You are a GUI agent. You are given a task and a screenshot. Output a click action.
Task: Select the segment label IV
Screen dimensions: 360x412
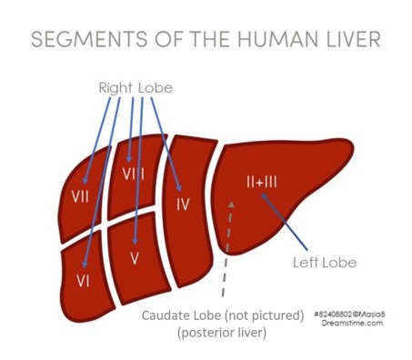coord(182,204)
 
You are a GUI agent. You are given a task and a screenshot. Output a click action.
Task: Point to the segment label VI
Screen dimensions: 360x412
coord(83,280)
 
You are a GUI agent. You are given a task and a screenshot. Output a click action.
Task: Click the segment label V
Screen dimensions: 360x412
coord(134,258)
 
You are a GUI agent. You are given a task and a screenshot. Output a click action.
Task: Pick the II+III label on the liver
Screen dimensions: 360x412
coord(261,182)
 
